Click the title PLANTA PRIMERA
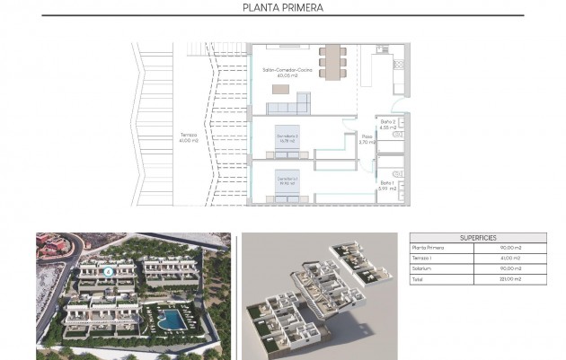click(283, 9)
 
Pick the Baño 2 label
click(388, 124)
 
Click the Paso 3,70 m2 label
click(366, 140)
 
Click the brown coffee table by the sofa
click(282, 88)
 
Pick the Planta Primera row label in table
click(429, 248)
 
